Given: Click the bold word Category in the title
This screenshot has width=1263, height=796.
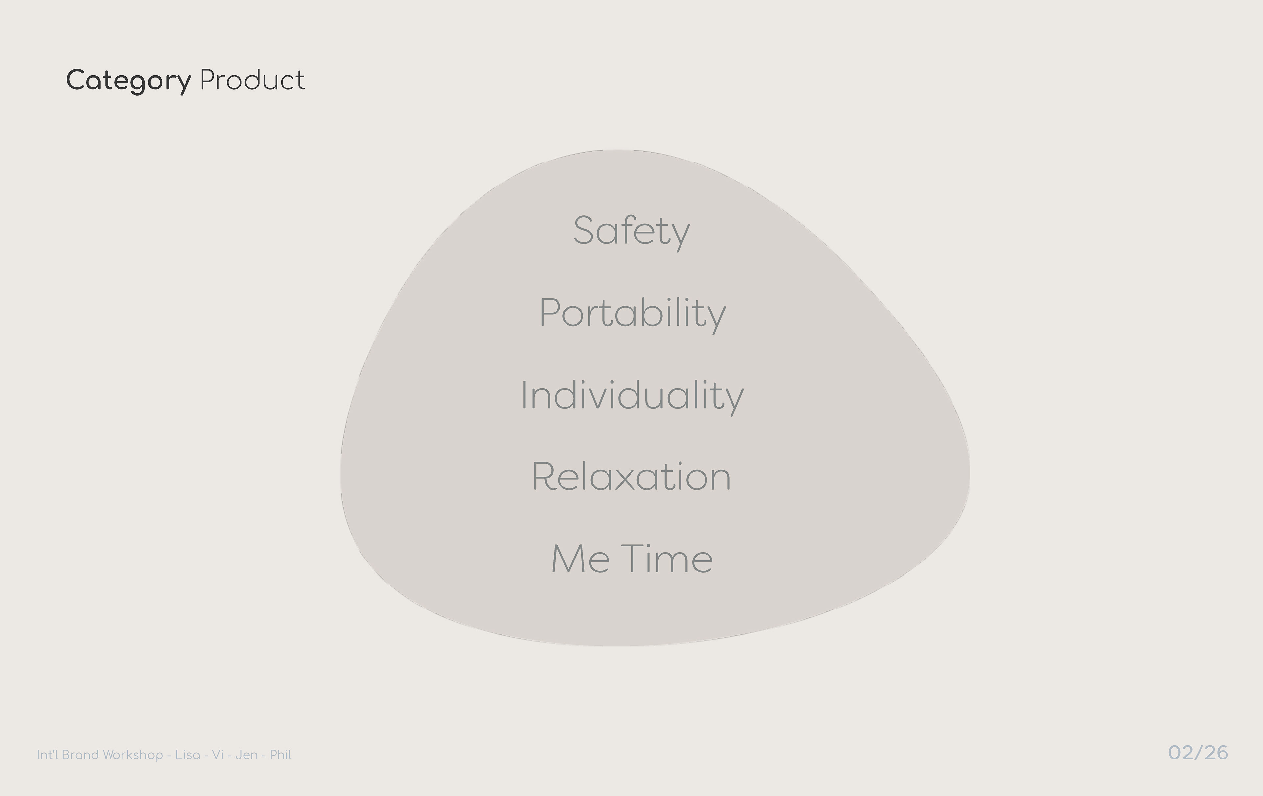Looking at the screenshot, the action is click(129, 81).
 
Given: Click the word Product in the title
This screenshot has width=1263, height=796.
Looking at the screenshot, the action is click(252, 80).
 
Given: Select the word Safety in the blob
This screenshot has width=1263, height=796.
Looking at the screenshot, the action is click(631, 232).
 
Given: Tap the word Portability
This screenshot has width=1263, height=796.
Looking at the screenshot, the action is click(632, 313).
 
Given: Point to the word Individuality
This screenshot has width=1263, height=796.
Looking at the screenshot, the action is click(632, 396).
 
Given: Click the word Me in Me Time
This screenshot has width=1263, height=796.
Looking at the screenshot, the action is click(581, 559).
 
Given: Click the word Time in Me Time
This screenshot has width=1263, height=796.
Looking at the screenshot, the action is click(667, 559).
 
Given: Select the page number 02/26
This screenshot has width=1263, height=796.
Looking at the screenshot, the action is click(1198, 753).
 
